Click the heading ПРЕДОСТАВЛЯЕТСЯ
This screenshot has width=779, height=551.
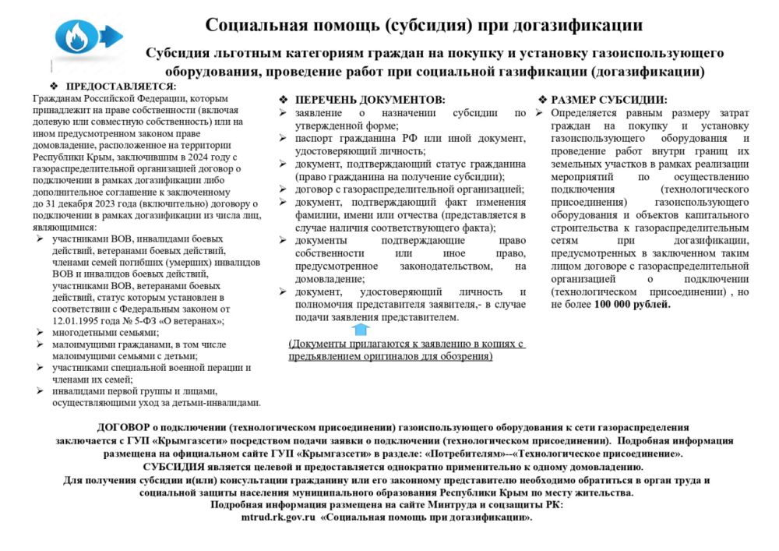[x=121, y=86]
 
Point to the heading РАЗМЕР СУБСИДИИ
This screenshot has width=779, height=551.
[x=608, y=100]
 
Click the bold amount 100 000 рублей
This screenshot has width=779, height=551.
[x=632, y=304]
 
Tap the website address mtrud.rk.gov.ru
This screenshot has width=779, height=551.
[x=278, y=517]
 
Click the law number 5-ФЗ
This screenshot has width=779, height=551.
[x=150, y=320]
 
